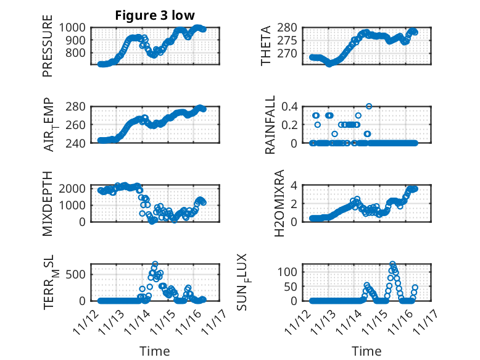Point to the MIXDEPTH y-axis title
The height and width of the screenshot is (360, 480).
pyautogui.click(x=48, y=204)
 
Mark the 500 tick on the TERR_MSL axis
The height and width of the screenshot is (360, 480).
pyautogui.click(x=79, y=274)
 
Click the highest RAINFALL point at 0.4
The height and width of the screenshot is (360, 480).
pyautogui.click(x=369, y=106)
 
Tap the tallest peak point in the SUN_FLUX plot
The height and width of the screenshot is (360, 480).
pyautogui.click(x=392, y=264)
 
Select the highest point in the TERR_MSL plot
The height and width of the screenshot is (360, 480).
pyautogui.click(x=155, y=264)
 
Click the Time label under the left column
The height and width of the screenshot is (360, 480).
pyautogui.click(x=155, y=351)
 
